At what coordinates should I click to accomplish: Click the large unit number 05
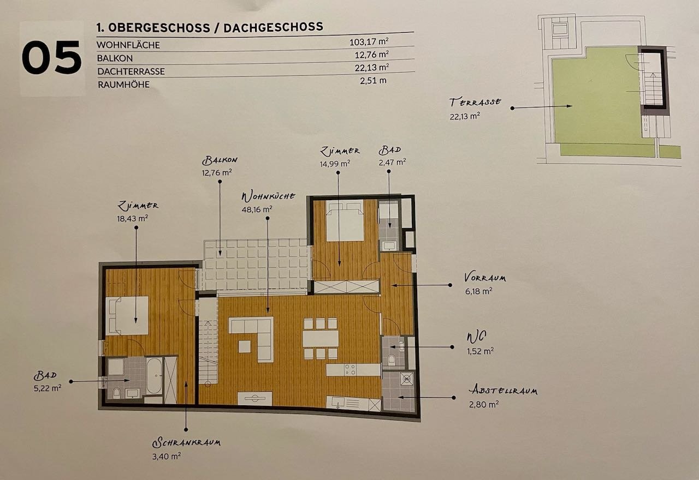click(x=51, y=58)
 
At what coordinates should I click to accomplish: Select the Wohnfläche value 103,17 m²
click(x=369, y=41)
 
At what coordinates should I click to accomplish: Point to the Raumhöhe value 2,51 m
click(x=373, y=81)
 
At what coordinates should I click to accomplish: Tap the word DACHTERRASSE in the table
click(x=131, y=71)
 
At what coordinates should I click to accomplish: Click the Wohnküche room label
click(x=268, y=196)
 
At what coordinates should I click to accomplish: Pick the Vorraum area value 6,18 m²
click(x=479, y=291)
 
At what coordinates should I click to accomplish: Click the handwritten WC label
click(x=476, y=337)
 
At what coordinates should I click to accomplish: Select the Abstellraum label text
click(x=503, y=390)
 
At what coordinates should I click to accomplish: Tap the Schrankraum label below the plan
click(x=186, y=442)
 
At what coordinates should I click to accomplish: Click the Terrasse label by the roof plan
click(x=475, y=102)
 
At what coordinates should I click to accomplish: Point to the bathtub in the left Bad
click(x=154, y=376)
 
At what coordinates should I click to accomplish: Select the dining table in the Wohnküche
click(x=321, y=339)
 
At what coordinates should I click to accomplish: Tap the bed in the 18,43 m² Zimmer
click(x=127, y=315)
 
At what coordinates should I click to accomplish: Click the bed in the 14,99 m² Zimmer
click(x=345, y=220)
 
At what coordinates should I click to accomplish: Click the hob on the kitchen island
click(x=350, y=370)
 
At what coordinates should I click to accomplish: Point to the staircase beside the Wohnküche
click(x=208, y=341)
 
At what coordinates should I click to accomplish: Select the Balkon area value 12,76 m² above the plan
click(x=217, y=173)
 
